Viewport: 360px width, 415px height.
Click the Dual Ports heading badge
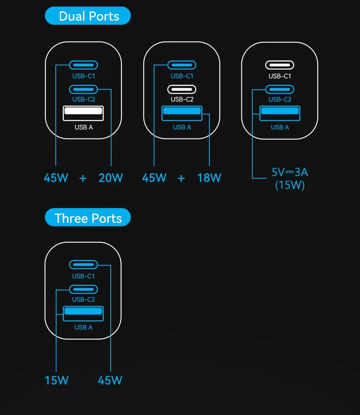[88, 16]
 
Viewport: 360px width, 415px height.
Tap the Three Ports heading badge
[88, 218]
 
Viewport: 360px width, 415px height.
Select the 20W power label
[111, 178]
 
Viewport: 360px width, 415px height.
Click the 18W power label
[209, 178]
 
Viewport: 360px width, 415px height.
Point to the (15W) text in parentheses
[290, 185]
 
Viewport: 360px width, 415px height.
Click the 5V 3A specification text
[290, 172]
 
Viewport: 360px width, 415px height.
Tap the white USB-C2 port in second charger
[182, 89]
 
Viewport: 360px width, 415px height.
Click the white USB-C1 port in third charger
[279, 65]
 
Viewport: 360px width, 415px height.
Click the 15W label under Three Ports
[56, 380]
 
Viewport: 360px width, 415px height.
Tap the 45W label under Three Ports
[110, 380]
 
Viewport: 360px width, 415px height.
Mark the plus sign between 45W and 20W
[83, 178]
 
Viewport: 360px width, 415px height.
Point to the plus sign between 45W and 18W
[181, 178]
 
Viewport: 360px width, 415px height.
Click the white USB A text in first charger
[84, 127]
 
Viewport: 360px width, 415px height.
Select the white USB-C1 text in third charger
[279, 76]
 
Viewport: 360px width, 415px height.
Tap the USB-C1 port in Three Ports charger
[83, 265]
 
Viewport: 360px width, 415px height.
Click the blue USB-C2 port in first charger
[83, 89]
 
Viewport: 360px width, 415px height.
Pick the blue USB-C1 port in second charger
[182, 65]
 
